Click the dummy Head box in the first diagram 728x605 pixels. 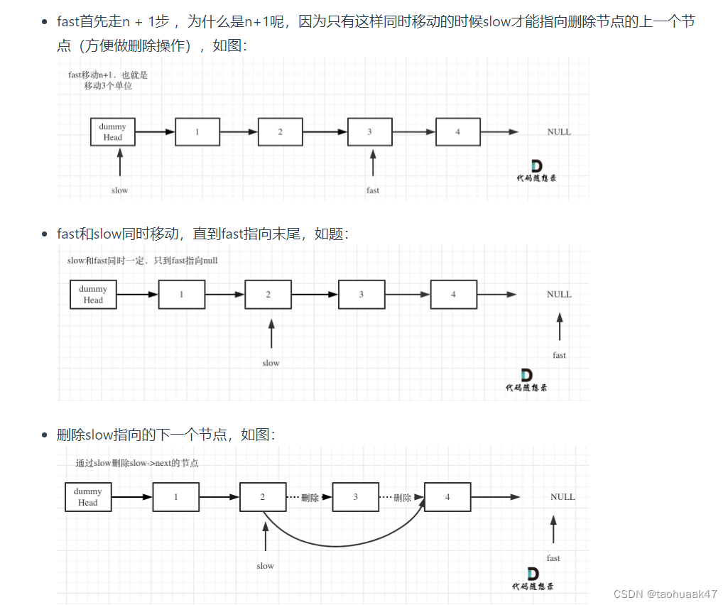(113, 132)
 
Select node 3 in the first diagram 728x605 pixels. (369, 132)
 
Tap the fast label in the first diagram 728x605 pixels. (373, 190)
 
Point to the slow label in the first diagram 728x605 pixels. (119, 190)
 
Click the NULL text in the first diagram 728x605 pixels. (559, 132)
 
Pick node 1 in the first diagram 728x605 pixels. (197, 132)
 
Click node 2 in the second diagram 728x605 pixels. (268, 295)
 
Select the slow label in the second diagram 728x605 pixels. (271, 363)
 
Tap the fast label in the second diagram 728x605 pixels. (560, 355)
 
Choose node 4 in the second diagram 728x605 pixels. (454, 295)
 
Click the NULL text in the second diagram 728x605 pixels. (559, 295)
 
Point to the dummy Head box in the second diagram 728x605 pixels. (93, 295)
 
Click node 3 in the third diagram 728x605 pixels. (356, 497)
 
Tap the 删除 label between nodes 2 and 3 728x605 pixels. (310, 498)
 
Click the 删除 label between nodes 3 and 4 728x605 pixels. (403, 498)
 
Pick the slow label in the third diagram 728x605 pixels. (265, 566)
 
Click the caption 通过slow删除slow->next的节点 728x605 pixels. (137, 463)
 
